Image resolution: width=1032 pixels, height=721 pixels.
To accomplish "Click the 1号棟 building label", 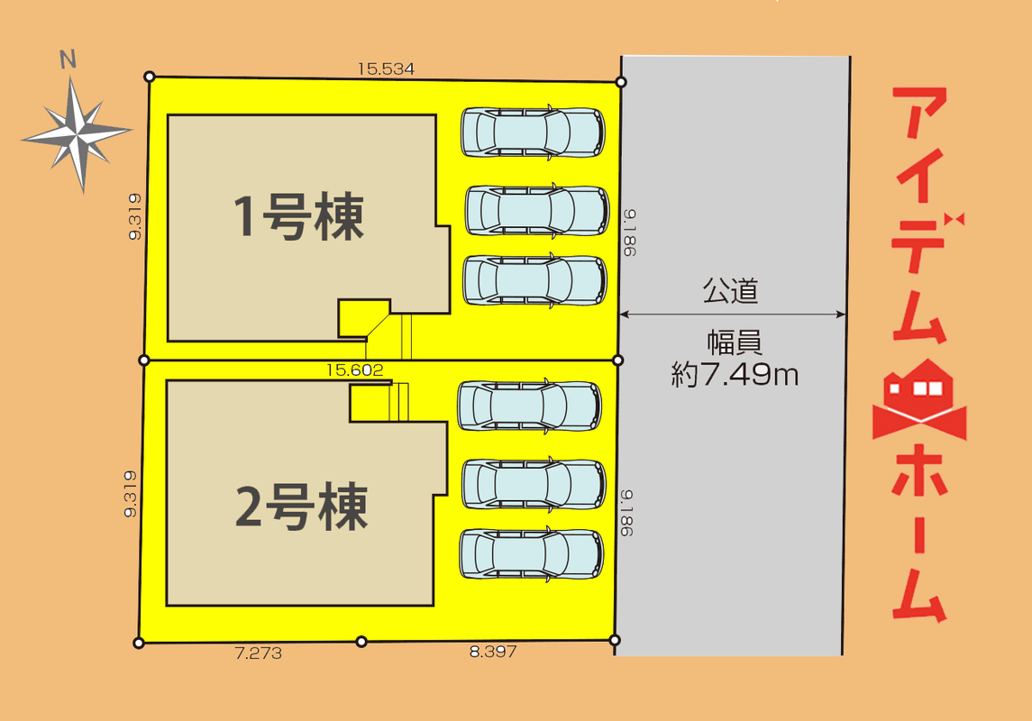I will [298, 216].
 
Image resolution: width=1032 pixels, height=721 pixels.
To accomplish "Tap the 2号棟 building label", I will [301, 507].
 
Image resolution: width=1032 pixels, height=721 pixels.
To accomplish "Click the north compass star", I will [78, 134].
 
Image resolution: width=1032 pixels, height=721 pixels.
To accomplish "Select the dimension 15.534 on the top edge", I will [385, 68].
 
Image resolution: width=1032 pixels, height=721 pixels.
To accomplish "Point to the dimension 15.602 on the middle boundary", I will [355, 369].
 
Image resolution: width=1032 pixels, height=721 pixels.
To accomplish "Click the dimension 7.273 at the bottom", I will [258, 653].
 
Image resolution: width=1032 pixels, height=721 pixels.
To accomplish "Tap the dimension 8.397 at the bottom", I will [493, 652].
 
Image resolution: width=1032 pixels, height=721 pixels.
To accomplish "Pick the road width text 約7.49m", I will [735, 373].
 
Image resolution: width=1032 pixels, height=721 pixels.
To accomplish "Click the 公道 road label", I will [730, 291].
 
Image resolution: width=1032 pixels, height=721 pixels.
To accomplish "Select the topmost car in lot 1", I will [533, 132].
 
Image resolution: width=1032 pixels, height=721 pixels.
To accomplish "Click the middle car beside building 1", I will [536, 210].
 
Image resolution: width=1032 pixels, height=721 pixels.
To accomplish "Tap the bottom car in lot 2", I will [531, 552].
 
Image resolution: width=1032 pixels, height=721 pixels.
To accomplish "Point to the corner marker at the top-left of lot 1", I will [150, 78].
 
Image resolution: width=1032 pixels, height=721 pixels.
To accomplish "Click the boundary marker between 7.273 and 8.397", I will [361, 641].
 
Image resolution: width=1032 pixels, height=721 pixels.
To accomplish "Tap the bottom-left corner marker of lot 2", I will [138, 643].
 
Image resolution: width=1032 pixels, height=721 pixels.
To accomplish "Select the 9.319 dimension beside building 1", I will [135, 217].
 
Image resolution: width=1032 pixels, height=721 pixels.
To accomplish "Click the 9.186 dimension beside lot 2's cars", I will [628, 513].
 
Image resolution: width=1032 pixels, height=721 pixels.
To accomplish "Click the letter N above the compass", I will [67, 61].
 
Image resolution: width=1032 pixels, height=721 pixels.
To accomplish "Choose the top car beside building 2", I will [529, 406].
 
